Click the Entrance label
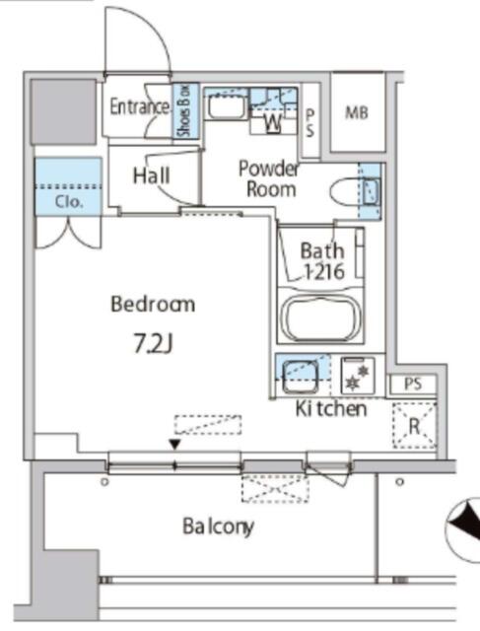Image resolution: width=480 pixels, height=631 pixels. [x=140, y=106]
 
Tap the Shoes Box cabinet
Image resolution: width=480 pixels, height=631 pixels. [x=186, y=110]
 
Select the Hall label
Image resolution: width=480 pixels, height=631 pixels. [x=151, y=175]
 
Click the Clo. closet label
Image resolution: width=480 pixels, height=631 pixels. [x=69, y=201]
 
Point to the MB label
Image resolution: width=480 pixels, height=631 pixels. [x=357, y=113]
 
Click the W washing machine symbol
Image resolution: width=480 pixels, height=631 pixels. [x=272, y=122]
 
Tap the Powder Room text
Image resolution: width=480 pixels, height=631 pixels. [x=269, y=178]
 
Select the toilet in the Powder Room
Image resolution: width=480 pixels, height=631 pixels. [x=355, y=191]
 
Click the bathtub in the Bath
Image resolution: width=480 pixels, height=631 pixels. [x=320, y=317]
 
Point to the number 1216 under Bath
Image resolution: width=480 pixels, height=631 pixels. [x=324, y=272]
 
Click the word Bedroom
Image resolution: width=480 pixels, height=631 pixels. [x=153, y=305]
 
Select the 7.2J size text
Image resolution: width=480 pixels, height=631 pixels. [x=154, y=344]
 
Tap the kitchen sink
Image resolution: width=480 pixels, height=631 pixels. [x=301, y=376]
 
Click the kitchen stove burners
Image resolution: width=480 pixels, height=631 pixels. [x=358, y=376]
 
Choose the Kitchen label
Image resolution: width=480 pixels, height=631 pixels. [x=331, y=408]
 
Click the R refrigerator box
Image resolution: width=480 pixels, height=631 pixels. [x=414, y=425]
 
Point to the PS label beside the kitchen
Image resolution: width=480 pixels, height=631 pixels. [x=413, y=384]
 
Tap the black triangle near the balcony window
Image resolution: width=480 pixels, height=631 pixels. [x=174, y=445]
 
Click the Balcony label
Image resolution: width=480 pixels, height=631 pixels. [x=219, y=526]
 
